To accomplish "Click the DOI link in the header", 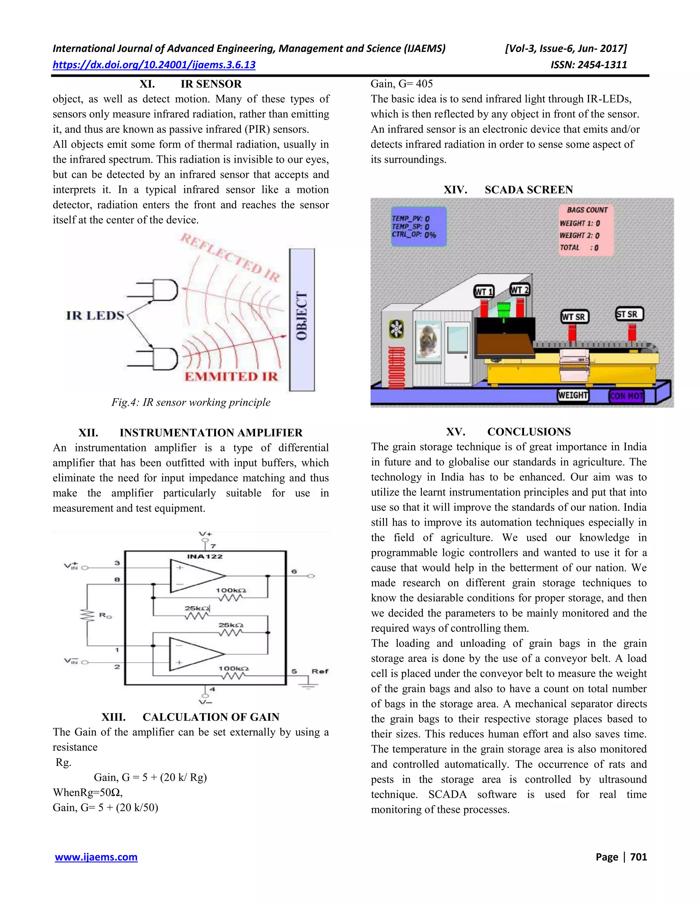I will click(154, 65).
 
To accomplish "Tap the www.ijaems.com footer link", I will click(96, 857).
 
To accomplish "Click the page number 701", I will click(638, 857).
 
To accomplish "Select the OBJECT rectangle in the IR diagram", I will click(302, 320).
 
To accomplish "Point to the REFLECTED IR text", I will click(230, 257).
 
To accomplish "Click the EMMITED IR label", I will click(231, 376).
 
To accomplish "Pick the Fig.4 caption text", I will click(191, 402).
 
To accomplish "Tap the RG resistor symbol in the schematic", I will click(87, 615).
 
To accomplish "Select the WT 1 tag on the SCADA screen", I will click(484, 292).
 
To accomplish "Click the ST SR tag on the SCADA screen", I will click(629, 314).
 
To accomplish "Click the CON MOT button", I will click(627, 396).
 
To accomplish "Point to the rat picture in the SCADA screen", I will click(428, 340).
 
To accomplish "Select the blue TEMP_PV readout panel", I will click(418, 227).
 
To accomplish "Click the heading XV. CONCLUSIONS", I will click(508, 432).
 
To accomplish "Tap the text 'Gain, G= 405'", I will click(401, 84).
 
